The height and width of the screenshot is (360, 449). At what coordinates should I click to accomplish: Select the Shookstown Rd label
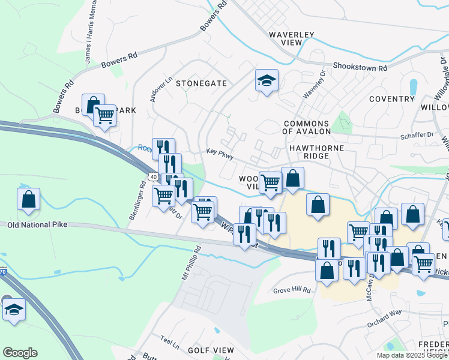tap(360, 67)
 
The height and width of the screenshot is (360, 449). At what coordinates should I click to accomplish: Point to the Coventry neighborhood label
tap(392, 99)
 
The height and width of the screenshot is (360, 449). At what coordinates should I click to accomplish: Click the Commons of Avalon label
tap(306, 127)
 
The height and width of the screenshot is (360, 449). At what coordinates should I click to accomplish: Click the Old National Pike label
tap(38, 224)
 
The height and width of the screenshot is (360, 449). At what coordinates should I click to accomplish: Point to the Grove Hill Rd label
tap(293, 290)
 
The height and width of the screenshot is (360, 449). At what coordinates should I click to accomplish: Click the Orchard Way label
tap(384, 319)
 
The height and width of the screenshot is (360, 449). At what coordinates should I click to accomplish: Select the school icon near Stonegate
tap(267, 80)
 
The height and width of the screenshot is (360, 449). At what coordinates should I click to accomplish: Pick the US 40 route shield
tap(153, 176)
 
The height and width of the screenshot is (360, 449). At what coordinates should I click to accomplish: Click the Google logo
tap(20, 353)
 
